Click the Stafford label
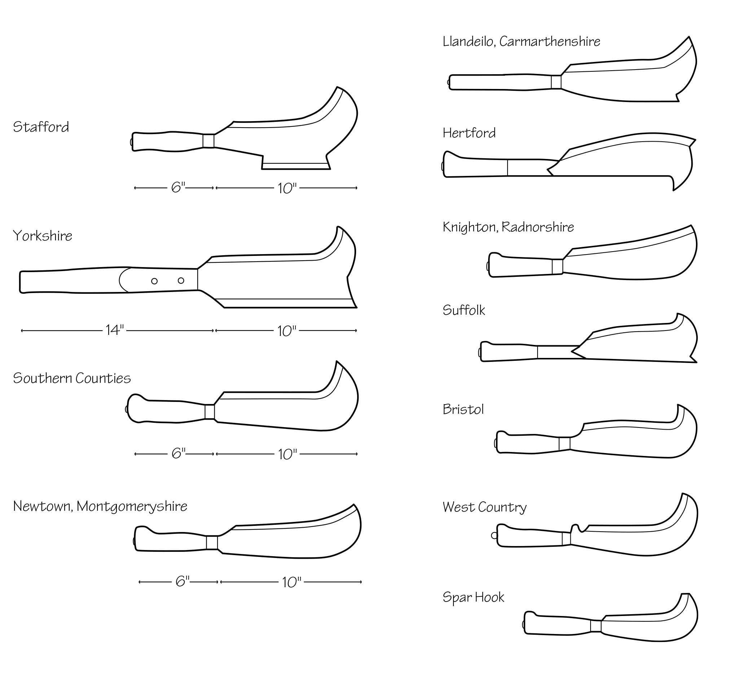point(41,127)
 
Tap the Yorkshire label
point(42,236)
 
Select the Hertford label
point(469,133)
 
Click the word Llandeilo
point(468,41)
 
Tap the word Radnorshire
point(538,227)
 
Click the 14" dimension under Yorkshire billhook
point(114,330)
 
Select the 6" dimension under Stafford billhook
point(178,187)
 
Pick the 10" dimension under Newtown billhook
point(291,582)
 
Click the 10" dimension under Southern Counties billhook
point(287,455)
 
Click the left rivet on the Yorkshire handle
point(154,281)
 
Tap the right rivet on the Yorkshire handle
point(181,280)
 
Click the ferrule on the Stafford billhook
point(209,141)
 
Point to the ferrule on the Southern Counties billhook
point(210,412)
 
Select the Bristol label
point(463,409)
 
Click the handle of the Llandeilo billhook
point(500,82)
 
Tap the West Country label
point(485,508)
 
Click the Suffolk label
point(464,310)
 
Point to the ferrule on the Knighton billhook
point(557,267)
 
